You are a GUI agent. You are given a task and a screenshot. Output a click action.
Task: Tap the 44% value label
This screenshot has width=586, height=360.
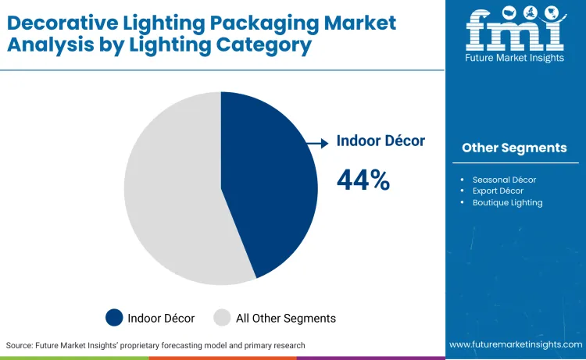click(363, 180)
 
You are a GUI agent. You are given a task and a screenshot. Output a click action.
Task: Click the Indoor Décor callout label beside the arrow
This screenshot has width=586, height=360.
click(381, 141)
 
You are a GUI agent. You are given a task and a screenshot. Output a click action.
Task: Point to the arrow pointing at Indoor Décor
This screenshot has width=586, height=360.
click(316, 143)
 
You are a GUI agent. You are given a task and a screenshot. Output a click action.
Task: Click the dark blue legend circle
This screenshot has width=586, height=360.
click(114, 318)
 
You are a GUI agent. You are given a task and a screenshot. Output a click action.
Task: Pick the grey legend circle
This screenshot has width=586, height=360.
click(222, 318)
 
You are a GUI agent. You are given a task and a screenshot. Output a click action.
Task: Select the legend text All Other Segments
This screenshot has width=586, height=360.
click(285, 318)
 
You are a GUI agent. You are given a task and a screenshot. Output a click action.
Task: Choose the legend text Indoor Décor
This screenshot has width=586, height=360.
click(162, 318)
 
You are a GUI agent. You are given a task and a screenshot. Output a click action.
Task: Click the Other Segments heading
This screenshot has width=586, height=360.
click(514, 148)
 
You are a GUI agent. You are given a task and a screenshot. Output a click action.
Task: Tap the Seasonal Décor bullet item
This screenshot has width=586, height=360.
click(504, 180)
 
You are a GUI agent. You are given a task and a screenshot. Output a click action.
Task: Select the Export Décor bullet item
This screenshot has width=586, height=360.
click(498, 191)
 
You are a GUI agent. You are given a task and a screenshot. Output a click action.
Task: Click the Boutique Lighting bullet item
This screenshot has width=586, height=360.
click(507, 202)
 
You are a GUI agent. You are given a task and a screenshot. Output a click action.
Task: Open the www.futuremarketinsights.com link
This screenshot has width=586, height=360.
click(516, 344)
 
